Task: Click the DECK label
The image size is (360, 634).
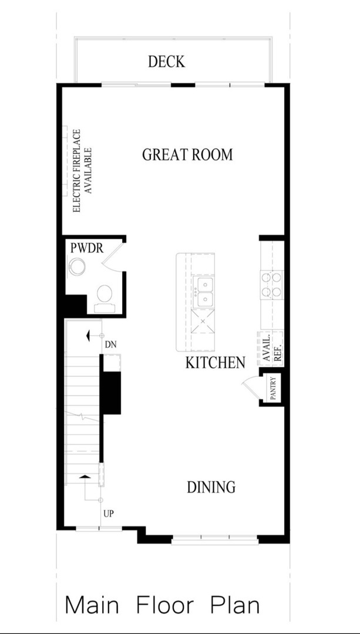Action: (x=167, y=62)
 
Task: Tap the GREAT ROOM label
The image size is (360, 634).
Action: (x=187, y=155)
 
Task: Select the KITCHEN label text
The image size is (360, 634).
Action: (x=215, y=363)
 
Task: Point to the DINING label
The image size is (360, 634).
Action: (x=211, y=487)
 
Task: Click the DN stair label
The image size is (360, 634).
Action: (x=109, y=345)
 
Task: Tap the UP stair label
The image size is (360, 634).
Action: (x=108, y=514)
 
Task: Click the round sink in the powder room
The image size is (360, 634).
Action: (x=77, y=268)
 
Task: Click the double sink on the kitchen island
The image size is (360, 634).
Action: (x=204, y=292)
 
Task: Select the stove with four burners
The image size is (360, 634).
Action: (x=272, y=285)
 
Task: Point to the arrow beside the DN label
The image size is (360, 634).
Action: (x=89, y=336)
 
